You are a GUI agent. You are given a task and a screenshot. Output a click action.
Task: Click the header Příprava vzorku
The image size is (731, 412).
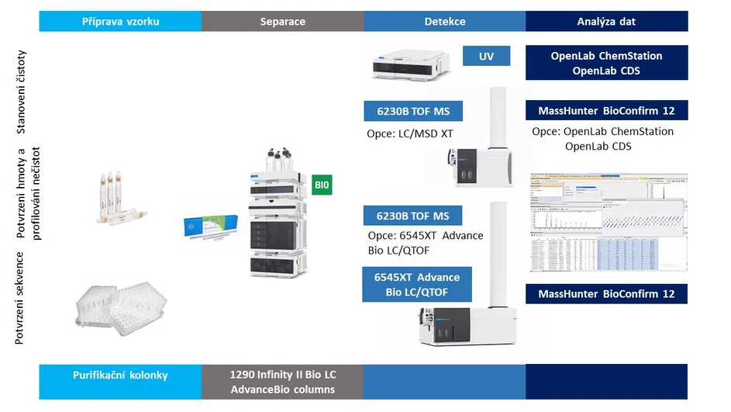(120, 21)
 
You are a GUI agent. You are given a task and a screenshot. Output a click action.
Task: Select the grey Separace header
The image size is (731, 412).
(282, 21)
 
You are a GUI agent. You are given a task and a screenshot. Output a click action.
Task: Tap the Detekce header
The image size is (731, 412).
(444, 21)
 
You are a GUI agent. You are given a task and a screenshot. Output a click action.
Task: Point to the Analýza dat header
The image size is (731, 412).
(606, 21)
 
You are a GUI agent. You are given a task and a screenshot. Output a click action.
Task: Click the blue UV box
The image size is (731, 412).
(487, 56)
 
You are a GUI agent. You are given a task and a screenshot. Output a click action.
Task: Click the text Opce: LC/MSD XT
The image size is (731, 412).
(409, 134)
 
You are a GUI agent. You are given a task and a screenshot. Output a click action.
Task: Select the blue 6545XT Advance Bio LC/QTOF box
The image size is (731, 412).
(416, 285)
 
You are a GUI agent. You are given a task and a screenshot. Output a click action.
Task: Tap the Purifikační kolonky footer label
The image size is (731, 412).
(120, 376)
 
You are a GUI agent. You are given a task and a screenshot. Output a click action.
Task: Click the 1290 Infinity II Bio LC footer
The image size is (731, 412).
(282, 375)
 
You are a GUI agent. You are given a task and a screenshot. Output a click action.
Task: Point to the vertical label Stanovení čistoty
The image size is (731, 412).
(22, 92)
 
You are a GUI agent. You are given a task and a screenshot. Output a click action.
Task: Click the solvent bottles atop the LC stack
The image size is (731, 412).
(282, 161)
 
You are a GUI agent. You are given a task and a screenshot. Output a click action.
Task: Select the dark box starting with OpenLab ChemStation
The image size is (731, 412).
(606, 64)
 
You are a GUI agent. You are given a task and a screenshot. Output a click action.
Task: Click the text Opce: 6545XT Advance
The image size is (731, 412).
(425, 236)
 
